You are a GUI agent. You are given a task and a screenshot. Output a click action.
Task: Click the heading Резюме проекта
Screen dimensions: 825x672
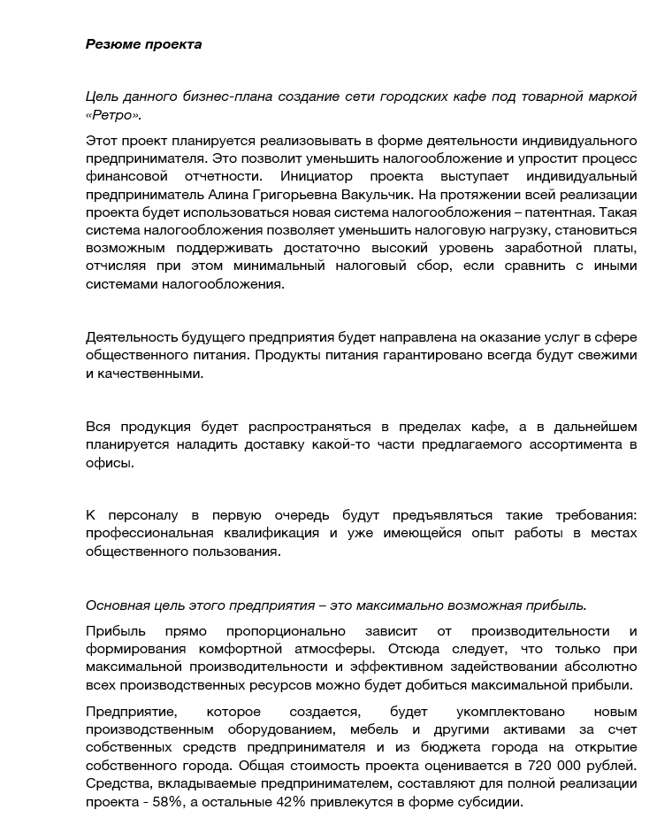[143, 44]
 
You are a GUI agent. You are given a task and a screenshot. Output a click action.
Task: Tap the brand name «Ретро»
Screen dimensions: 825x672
[113, 115]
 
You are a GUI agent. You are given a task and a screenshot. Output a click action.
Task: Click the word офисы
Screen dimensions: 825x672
[110, 462]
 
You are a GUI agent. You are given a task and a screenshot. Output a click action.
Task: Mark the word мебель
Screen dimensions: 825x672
[362, 729]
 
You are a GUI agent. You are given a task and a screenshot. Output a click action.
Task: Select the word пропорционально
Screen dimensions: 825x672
[279, 631]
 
